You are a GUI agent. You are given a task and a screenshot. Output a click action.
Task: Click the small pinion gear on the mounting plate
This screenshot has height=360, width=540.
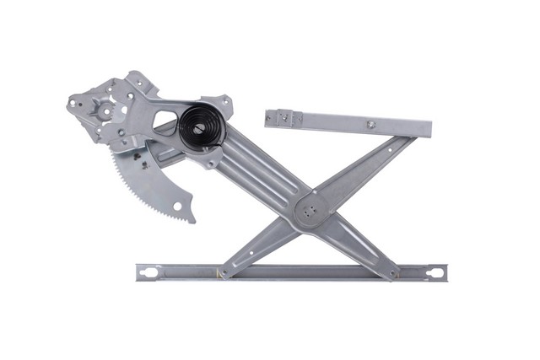pos(106,110)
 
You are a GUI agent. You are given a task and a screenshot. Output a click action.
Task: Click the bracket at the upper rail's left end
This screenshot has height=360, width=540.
pos(282,117)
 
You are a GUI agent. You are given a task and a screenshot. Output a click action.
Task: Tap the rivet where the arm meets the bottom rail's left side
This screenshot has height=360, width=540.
pos(222,272)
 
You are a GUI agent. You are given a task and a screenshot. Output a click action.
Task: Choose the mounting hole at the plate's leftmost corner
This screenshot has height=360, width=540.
pos(73,105)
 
